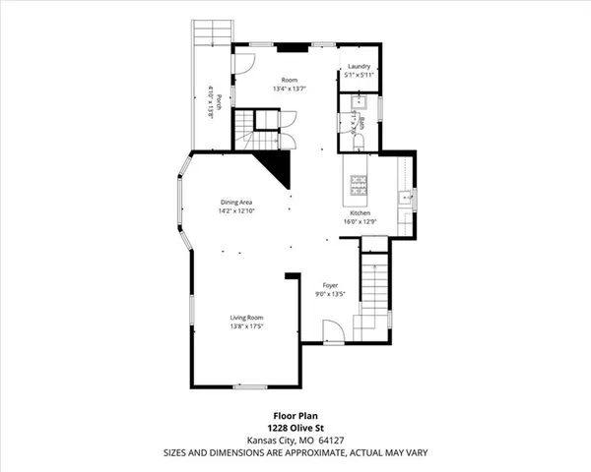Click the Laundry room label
pos(358,67)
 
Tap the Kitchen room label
pos(360,213)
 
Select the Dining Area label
pos(236,203)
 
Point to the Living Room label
pos(246,318)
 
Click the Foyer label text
pos(330,285)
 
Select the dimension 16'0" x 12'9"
pos(360,222)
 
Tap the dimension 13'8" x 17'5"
pos(246,326)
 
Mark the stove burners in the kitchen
pos(360,183)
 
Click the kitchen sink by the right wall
pos(404,199)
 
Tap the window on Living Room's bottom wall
pos(247,386)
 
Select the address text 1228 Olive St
pos(295,427)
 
